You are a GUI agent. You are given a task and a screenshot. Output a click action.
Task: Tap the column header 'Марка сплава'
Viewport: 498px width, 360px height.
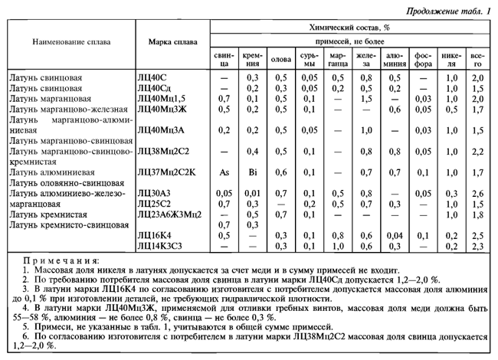[171, 41]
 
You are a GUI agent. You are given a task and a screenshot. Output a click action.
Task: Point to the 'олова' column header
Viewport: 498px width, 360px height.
[282, 59]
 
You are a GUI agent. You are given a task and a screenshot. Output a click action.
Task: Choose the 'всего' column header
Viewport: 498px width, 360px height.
[478, 59]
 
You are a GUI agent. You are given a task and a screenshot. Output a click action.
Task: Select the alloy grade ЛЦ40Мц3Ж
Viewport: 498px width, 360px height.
[163, 110]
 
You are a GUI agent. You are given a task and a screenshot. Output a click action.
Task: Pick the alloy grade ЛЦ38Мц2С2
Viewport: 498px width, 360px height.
[166, 152]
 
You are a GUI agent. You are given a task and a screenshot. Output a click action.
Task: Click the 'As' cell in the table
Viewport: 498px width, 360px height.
[224, 173]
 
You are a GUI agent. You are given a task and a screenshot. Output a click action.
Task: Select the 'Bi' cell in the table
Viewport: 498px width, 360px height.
[252, 173]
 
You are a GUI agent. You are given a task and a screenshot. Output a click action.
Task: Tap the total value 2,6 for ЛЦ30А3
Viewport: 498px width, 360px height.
[478, 194]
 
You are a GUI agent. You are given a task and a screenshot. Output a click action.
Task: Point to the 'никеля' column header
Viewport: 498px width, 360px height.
[450, 59]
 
